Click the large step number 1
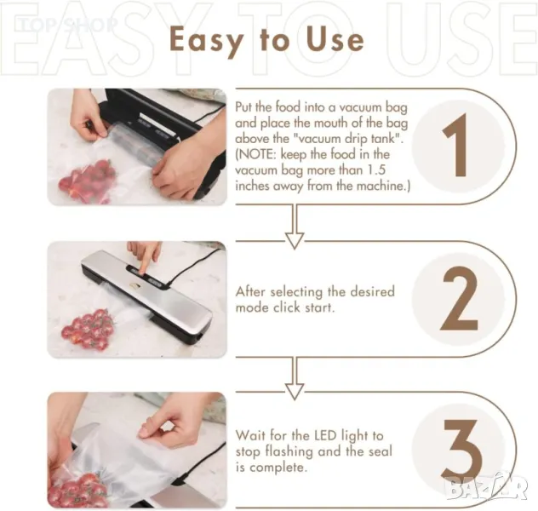pyautogui.click(x=456, y=145)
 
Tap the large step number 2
pyautogui.click(x=460, y=298)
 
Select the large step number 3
pyautogui.click(x=461, y=449)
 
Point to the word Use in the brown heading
pyautogui.click(x=335, y=38)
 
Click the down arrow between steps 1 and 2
pyautogui.click(x=295, y=227)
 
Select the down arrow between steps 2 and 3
pyautogui.click(x=295, y=378)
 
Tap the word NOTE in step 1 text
pyautogui.click(x=256, y=154)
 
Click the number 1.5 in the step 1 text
pyautogui.click(x=375, y=169)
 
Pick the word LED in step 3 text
pyautogui.click(x=326, y=436)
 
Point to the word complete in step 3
pyautogui.click(x=278, y=468)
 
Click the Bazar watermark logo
pyautogui.click(x=487, y=485)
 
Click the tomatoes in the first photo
pyautogui.click(x=87, y=181)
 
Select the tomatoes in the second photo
pyautogui.click(x=88, y=329)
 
